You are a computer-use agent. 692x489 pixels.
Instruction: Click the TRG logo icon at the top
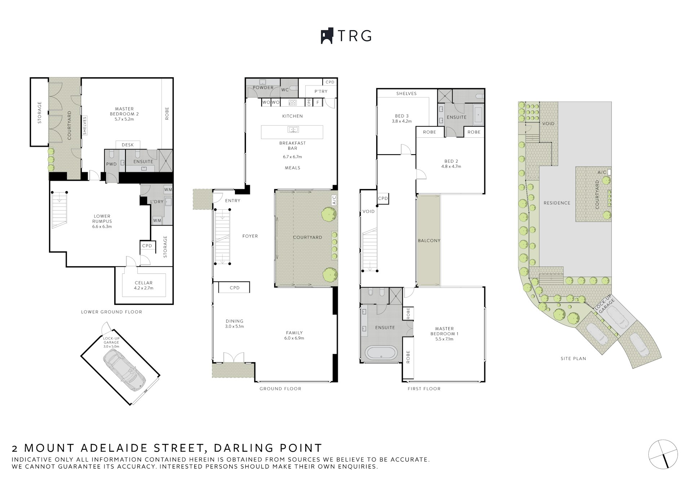click(327, 36)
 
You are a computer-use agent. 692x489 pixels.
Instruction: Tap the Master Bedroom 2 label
click(124, 114)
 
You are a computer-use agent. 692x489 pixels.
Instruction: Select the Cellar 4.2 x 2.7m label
click(144, 285)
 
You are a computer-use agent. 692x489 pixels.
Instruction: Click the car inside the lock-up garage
click(124, 370)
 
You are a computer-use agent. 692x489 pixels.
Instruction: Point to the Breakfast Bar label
click(292, 146)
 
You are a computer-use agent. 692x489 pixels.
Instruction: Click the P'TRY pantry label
click(321, 92)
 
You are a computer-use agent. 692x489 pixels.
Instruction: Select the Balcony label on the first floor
click(429, 241)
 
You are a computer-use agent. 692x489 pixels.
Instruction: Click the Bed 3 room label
click(402, 119)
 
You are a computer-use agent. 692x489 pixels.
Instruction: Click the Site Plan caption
click(573, 359)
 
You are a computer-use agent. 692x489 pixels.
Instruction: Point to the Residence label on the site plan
click(557, 203)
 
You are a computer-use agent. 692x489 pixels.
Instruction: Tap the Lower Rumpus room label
click(102, 221)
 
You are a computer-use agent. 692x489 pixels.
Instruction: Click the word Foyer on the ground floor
click(250, 236)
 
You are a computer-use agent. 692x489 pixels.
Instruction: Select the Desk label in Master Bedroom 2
click(128, 145)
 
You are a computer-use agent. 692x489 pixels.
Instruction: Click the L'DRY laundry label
click(157, 202)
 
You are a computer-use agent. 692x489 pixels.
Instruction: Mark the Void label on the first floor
click(368, 212)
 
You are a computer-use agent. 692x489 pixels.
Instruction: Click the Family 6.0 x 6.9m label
click(294, 335)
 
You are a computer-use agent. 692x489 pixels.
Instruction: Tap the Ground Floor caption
click(280, 389)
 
